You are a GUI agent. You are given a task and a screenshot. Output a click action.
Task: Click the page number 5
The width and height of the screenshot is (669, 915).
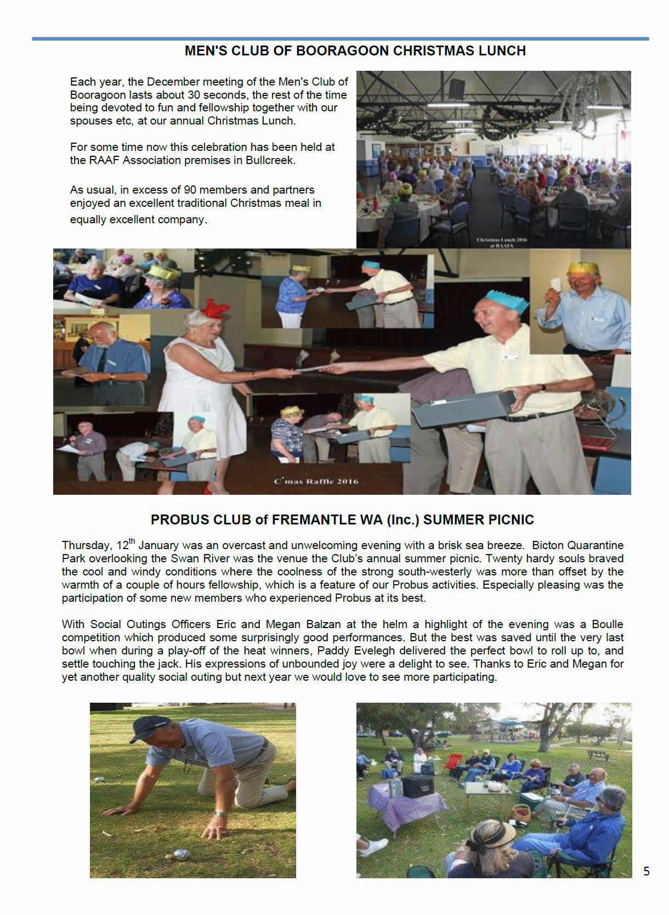coord(646,871)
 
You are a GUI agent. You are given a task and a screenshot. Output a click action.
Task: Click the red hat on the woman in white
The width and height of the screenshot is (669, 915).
coord(214,309)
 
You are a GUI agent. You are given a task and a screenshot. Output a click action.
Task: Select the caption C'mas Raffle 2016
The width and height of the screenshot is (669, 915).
coord(316,482)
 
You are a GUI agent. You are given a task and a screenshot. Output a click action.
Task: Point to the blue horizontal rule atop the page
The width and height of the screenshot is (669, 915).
coord(340,38)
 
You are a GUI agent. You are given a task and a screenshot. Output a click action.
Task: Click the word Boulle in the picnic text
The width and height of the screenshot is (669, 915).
coord(608,624)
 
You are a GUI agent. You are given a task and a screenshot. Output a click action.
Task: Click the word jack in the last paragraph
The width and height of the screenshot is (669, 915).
coord(169,664)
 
